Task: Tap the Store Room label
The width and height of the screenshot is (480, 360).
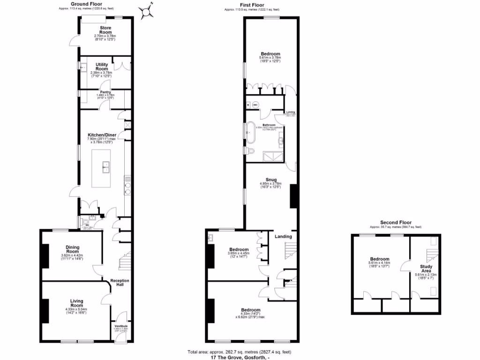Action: point(105,31)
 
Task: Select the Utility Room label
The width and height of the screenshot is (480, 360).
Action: point(102,67)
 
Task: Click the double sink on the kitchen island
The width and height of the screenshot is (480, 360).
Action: point(105,165)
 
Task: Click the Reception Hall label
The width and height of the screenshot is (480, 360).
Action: point(120,283)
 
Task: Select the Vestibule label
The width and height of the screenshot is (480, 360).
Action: point(120,326)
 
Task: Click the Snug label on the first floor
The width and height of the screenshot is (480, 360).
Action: point(270,180)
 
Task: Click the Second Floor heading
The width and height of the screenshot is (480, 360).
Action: point(396,223)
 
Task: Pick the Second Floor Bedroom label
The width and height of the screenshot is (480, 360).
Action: point(379,259)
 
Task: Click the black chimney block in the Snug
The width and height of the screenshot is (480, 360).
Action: point(294,196)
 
